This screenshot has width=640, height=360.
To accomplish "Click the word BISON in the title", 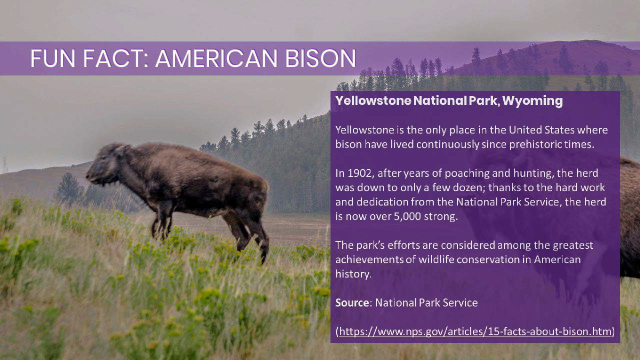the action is pyautogui.click(x=320, y=58).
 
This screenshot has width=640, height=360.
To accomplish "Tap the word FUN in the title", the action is pyautogui.click(x=53, y=58).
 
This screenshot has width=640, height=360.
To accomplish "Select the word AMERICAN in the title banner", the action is pyautogui.click(x=216, y=58).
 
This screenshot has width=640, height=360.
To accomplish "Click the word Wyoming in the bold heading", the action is pyautogui.click(x=532, y=101).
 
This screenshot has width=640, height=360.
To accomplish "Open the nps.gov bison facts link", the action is pyautogui.click(x=475, y=331).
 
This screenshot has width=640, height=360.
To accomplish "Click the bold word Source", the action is pyautogui.click(x=352, y=302).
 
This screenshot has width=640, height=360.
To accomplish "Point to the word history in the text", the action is pyautogui.click(x=353, y=274).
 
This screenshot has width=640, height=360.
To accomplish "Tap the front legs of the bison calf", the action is pyautogui.click(x=163, y=220).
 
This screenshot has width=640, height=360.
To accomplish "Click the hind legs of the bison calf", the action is pyautogui.click(x=247, y=234).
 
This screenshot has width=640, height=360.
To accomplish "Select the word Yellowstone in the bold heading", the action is pyautogui.click(x=373, y=100).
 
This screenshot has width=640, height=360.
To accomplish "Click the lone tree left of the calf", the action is pyautogui.click(x=68, y=188).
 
